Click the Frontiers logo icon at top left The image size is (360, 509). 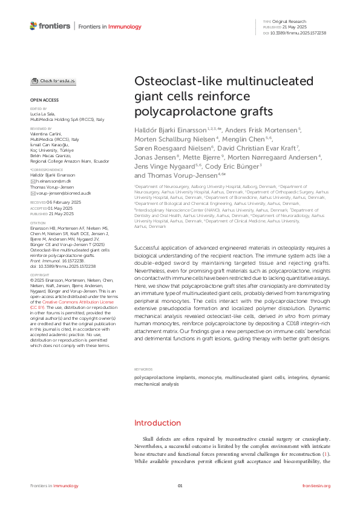[33, 25]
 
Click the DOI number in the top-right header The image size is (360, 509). [303, 33]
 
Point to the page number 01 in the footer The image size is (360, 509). [180, 486]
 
